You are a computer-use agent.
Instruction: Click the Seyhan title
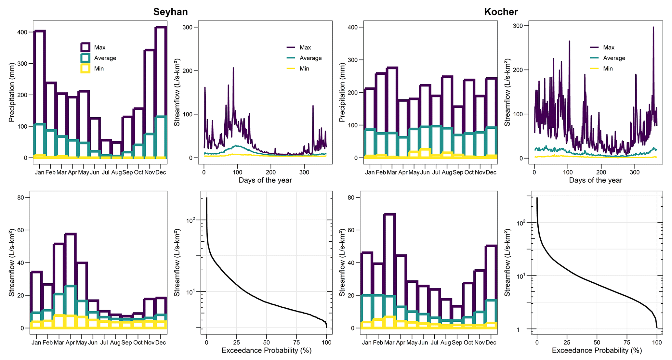170,12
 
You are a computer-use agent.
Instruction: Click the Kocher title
501,12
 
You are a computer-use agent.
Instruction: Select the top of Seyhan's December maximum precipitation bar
161,27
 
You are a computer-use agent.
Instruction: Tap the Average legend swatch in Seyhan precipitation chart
86,58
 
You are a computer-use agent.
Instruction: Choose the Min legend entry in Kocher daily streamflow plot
608,69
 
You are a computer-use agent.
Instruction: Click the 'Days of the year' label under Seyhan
265,180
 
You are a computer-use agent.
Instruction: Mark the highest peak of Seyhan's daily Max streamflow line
233,68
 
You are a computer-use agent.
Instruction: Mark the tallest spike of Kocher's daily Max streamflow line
653,27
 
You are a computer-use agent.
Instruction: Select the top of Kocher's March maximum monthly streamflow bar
389,214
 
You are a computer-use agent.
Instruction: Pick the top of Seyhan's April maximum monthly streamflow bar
70,234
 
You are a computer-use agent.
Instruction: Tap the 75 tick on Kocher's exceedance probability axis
627,342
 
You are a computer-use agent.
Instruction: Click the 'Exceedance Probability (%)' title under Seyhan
266,351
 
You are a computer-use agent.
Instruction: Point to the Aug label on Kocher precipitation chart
447,173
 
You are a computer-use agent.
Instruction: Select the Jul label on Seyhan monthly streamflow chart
104,343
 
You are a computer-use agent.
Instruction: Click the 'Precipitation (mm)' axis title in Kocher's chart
342,92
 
